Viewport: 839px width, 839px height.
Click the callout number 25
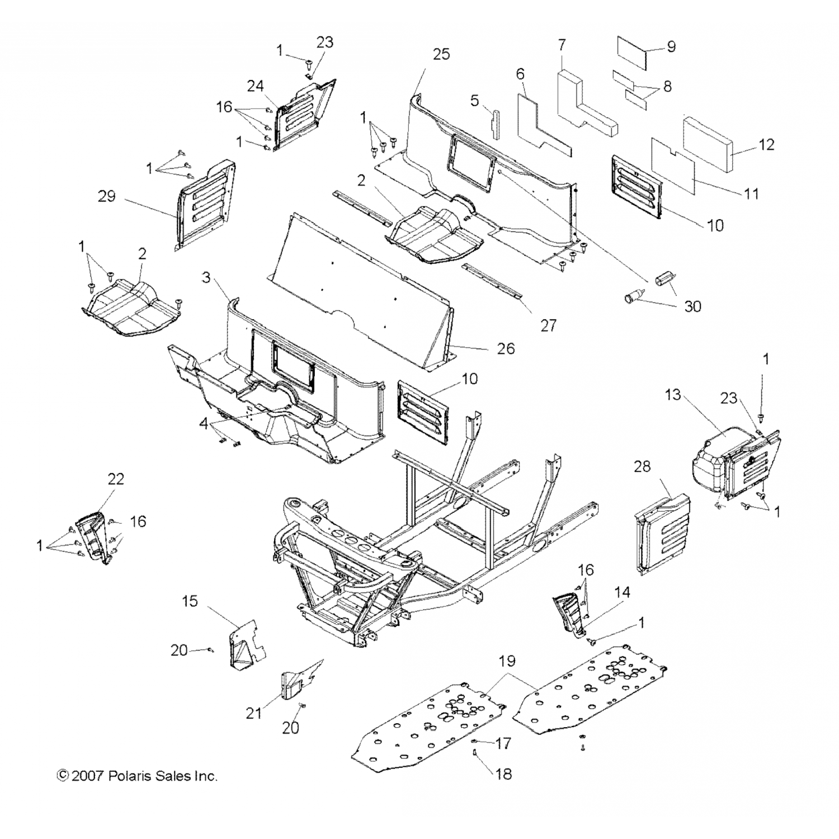pos(441,54)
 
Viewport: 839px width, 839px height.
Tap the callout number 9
pos(671,46)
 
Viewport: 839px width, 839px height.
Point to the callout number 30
pos(692,307)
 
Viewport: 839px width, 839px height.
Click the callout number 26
pos(505,348)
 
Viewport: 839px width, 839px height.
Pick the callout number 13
pos(673,395)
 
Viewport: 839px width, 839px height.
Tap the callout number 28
pos(642,466)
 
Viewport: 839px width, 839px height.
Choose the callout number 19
pos(506,661)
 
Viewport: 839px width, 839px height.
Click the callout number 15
pos(190,601)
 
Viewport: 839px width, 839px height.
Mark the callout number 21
pos(254,714)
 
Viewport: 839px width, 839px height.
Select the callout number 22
pos(116,479)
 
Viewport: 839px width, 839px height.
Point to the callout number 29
pos(106,196)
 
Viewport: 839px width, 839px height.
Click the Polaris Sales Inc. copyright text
pos(137,776)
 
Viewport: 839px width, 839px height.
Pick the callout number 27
pos(548,325)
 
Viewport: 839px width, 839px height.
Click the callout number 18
pos(503,774)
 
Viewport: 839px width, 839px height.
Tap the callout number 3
pos(206,277)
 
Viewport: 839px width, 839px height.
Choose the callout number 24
pos(256,86)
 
